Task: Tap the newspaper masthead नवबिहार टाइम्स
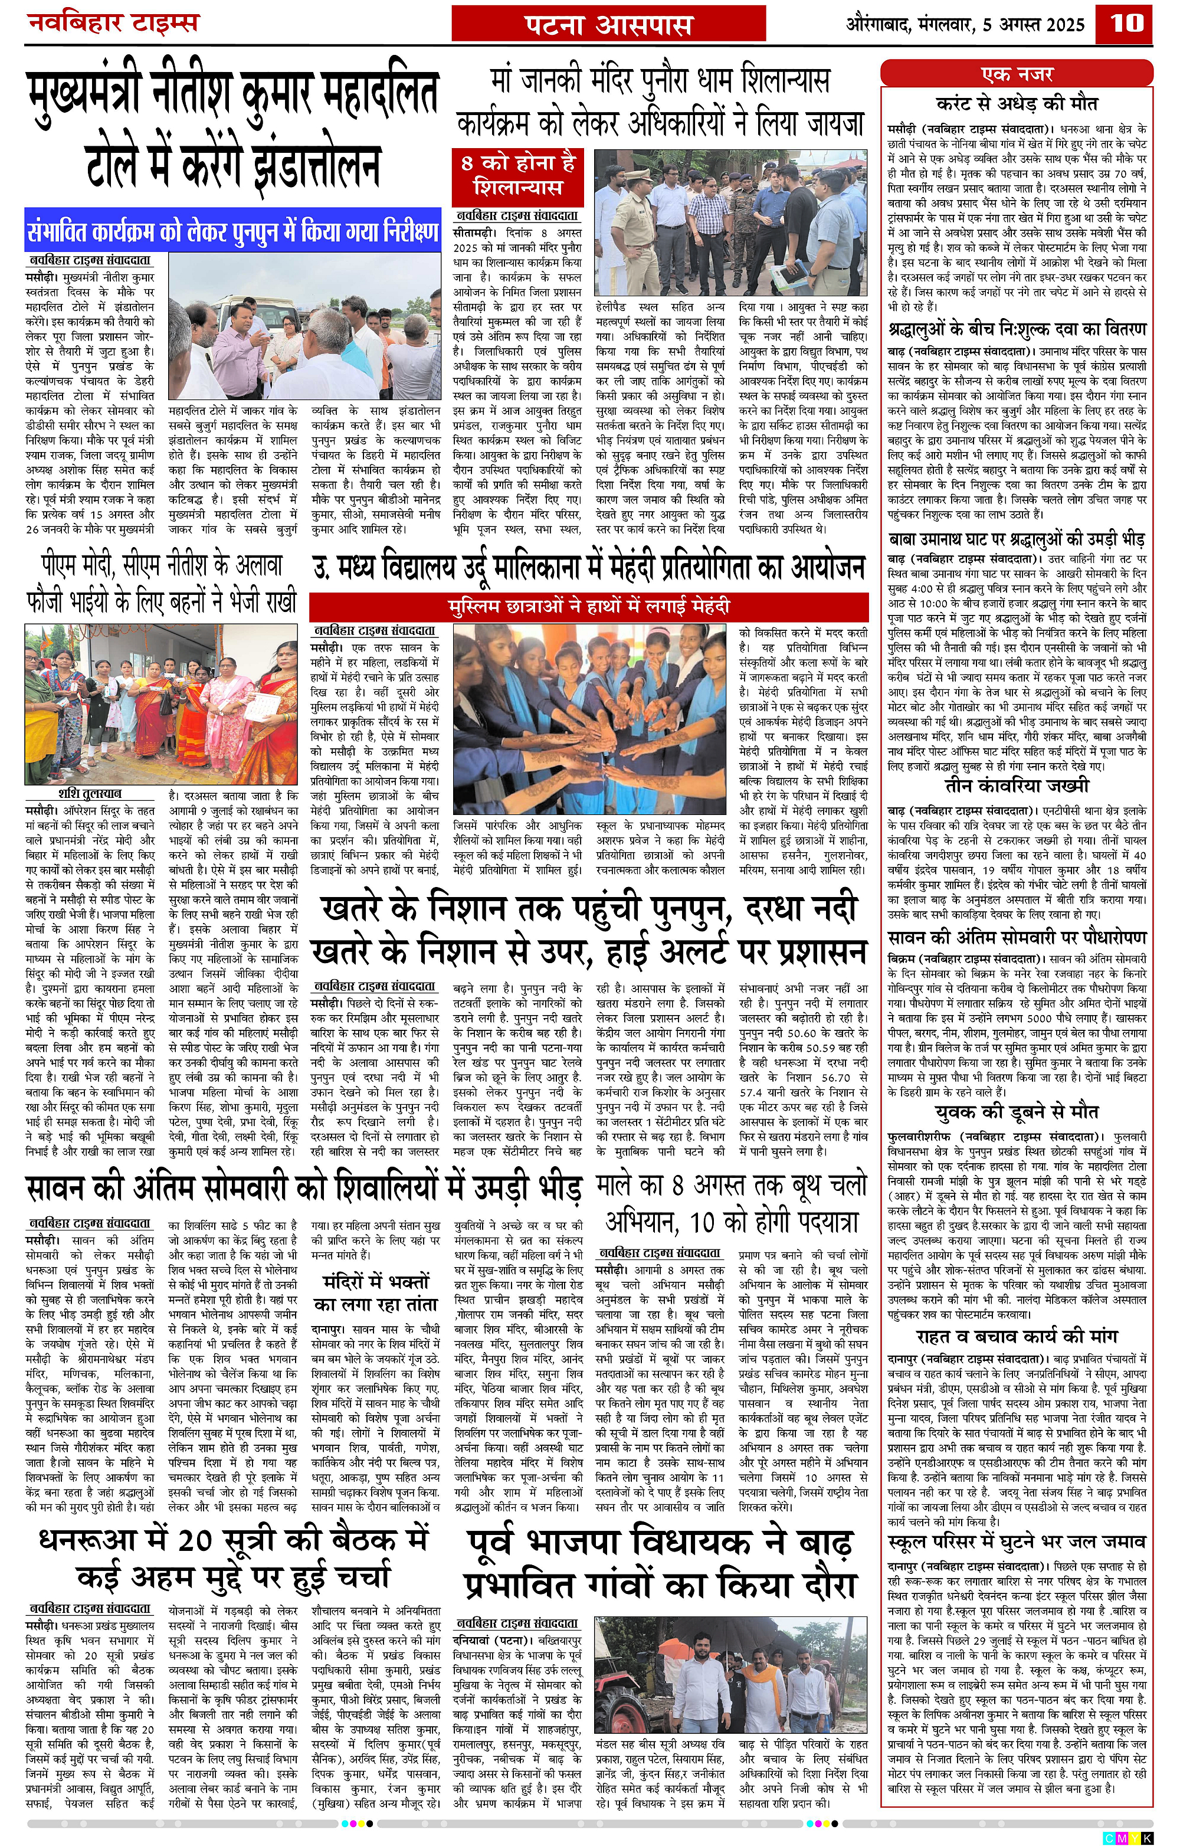(x=113, y=23)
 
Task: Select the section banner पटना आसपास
(x=609, y=25)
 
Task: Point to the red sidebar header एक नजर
(x=1016, y=75)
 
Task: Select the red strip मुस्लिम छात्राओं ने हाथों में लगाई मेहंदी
(x=588, y=607)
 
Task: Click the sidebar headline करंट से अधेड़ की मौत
(x=1016, y=103)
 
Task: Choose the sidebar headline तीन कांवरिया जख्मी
(x=1016, y=785)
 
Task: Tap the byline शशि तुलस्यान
(x=90, y=793)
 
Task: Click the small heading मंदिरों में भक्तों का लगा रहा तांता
(x=375, y=1292)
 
